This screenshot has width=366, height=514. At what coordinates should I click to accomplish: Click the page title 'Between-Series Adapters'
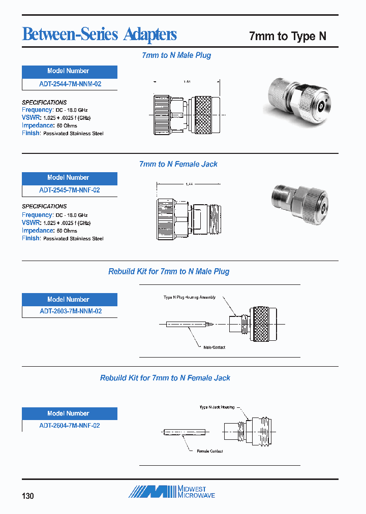pyautogui.click(x=100, y=35)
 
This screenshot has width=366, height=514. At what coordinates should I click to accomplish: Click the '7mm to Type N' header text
pyautogui.click(x=287, y=36)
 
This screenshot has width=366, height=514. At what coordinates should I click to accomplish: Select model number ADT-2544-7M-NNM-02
pyautogui.click(x=70, y=84)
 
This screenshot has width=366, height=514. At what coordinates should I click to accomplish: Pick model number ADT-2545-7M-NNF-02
pyautogui.click(x=70, y=190)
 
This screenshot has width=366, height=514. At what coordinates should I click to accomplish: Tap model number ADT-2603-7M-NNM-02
pyautogui.click(x=70, y=311)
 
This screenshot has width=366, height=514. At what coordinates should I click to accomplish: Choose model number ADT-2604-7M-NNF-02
pyautogui.click(x=70, y=425)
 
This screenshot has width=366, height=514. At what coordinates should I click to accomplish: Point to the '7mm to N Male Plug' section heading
pyautogui.click(x=176, y=55)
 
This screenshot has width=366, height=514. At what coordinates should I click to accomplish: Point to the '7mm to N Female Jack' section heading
pyautogui.click(x=178, y=164)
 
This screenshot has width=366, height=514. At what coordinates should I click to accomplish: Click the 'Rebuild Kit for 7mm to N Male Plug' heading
pyautogui.click(x=169, y=271)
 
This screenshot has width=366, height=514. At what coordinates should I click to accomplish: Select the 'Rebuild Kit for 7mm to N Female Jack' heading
pyautogui.click(x=165, y=378)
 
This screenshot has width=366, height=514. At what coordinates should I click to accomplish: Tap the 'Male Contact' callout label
pyautogui.click(x=214, y=347)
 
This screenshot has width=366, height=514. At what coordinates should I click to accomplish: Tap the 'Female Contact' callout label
pyautogui.click(x=209, y=451)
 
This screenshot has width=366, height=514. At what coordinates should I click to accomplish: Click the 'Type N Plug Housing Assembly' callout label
pyautogui.click(x=189, y=297)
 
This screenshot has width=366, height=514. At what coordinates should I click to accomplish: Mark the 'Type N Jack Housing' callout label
pyautogui.click(x=217, y=407)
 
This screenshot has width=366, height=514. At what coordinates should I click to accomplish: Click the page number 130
pyautogui.click(x=28, y=495)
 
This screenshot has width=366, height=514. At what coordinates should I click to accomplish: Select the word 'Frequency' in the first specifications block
pyautogui.click(x=37, y=110)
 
